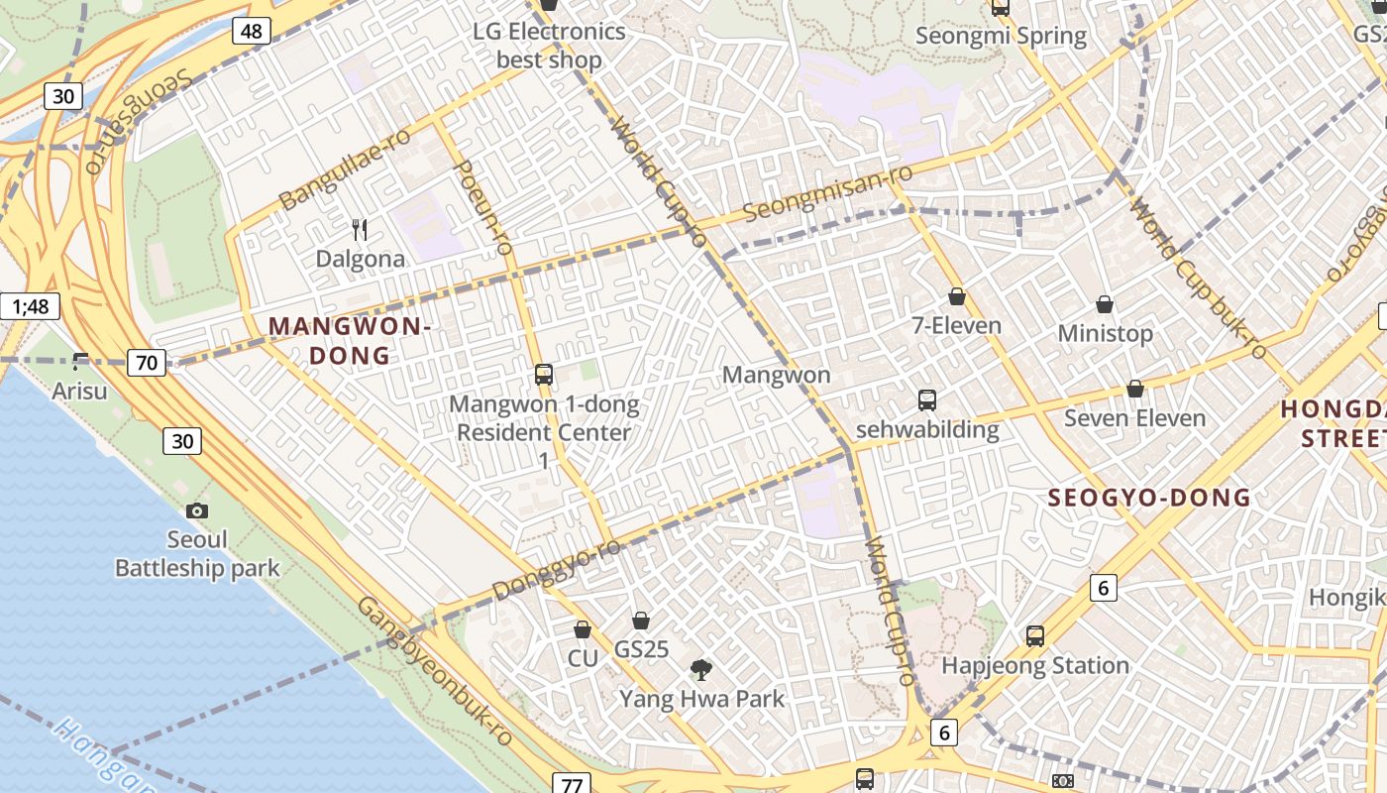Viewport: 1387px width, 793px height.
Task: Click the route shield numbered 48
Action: (252, 31)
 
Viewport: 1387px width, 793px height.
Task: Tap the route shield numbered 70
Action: (146, 363)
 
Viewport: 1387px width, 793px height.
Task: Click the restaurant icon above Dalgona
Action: (360, 230)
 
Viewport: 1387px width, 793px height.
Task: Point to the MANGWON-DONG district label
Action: (350, 340)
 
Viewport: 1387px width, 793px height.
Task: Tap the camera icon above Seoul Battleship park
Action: (197, 510)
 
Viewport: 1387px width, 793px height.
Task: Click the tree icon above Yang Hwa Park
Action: (700, 669)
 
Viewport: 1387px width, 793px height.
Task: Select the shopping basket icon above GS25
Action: (641, 621)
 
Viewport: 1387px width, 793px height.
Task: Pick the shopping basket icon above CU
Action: (583, 629)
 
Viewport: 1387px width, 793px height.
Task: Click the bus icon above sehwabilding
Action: (926, 400)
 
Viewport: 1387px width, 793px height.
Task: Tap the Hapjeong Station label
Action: (1034, 665)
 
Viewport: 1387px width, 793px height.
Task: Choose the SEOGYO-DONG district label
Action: (1149, 498)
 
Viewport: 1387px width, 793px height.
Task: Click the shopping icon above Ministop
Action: (1105, 304)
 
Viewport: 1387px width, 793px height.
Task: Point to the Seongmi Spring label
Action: (1001, 37)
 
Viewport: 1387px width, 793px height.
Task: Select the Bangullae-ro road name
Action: (344, 168)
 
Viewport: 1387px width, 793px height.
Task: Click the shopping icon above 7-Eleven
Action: (956, 296)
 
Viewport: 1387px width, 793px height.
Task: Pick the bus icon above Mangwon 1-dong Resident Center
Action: (543, 374)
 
